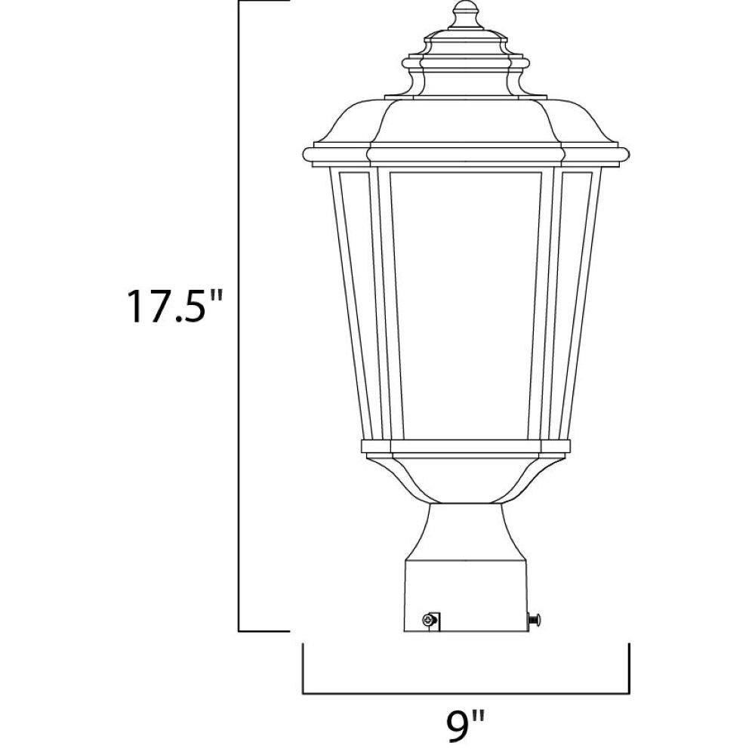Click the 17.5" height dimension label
click(x=175, y=306)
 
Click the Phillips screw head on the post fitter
click(x=427, y=620)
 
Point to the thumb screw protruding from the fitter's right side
click(x=535, y=619)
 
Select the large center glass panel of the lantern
click(x=466, y=306)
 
